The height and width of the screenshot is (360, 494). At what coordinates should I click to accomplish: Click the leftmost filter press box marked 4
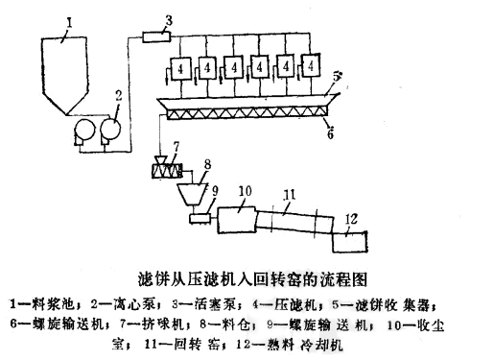(x=179, y=70)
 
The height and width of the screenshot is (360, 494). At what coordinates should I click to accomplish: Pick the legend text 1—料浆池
(x=39, y=305)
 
